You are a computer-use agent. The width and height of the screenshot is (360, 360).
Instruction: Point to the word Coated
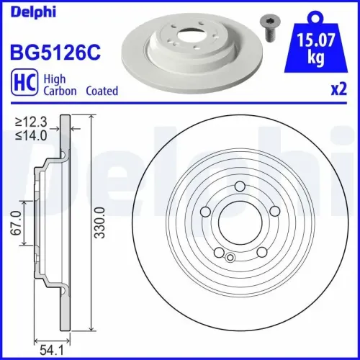click(102, 91)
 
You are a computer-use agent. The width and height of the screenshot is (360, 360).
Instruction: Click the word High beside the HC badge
click(55, 79)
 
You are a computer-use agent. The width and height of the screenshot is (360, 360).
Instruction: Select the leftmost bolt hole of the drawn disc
click(206, 212)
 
